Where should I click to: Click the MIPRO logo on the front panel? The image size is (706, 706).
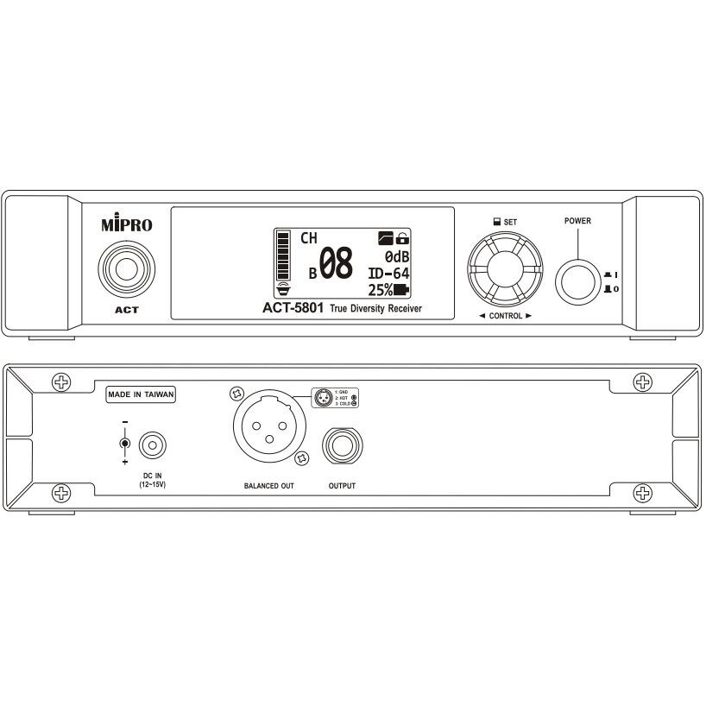pos(126,226)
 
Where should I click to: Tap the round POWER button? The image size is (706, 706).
pos(577,281)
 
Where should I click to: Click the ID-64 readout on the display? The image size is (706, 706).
pos(387,273)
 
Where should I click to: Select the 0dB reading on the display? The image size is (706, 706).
pos(396,256)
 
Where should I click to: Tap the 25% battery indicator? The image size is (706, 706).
pos(388,289)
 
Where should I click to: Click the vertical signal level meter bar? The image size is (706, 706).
pos(281,256)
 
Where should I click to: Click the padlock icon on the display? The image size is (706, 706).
pos(403,237)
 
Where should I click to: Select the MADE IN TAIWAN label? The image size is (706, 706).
pos(142,394)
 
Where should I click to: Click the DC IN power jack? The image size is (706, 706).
pos(152,444)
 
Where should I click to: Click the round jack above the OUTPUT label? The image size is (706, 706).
pos(341,446)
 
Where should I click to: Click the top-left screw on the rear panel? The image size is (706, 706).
pos(61,381)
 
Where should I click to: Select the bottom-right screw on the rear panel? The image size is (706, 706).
pos(643,493)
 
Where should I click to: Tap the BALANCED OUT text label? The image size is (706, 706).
pos(263,486)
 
